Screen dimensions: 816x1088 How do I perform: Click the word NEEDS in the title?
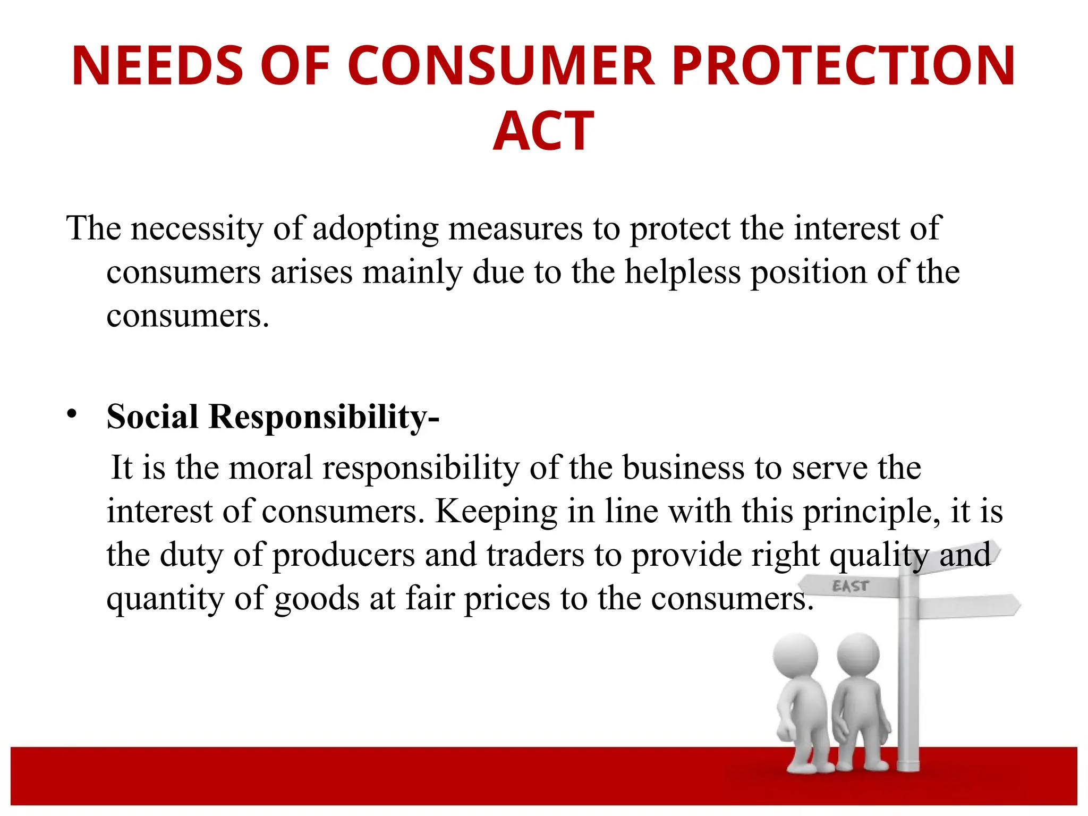coord(157,66)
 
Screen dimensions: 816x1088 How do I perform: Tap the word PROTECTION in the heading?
coord(844,66)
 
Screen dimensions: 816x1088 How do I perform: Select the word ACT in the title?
coord(543,131)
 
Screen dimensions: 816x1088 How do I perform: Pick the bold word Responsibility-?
coord(324,418)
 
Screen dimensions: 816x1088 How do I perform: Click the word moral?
coord(270,468)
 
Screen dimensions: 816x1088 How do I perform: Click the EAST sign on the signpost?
coord(850,586)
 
